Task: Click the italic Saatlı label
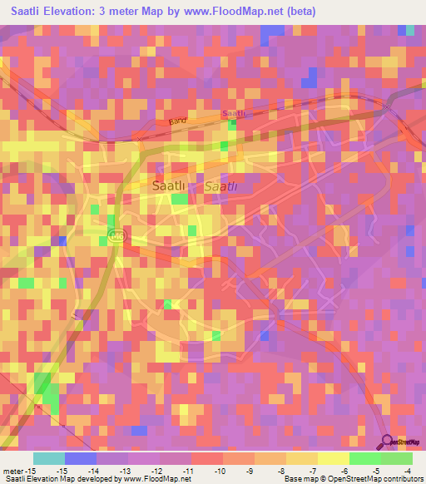[222, 187]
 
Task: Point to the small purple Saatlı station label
[234, 113]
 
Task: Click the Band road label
[178, 121]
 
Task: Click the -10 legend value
[220, 470]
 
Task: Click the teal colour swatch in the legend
[48, 458]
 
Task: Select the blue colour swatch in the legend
[80, 458]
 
